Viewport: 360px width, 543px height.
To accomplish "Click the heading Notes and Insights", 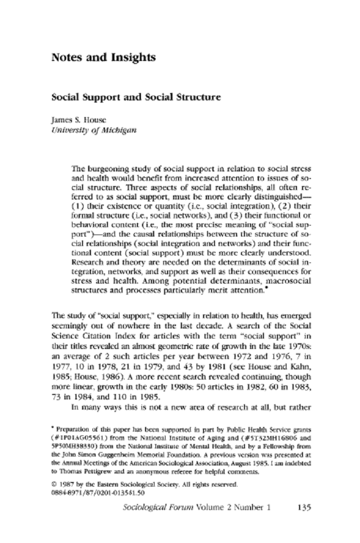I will tap(103, 58).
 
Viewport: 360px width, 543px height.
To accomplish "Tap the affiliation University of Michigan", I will tap(86, 130).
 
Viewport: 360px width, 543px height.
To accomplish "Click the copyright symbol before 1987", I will tap(54, 484).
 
